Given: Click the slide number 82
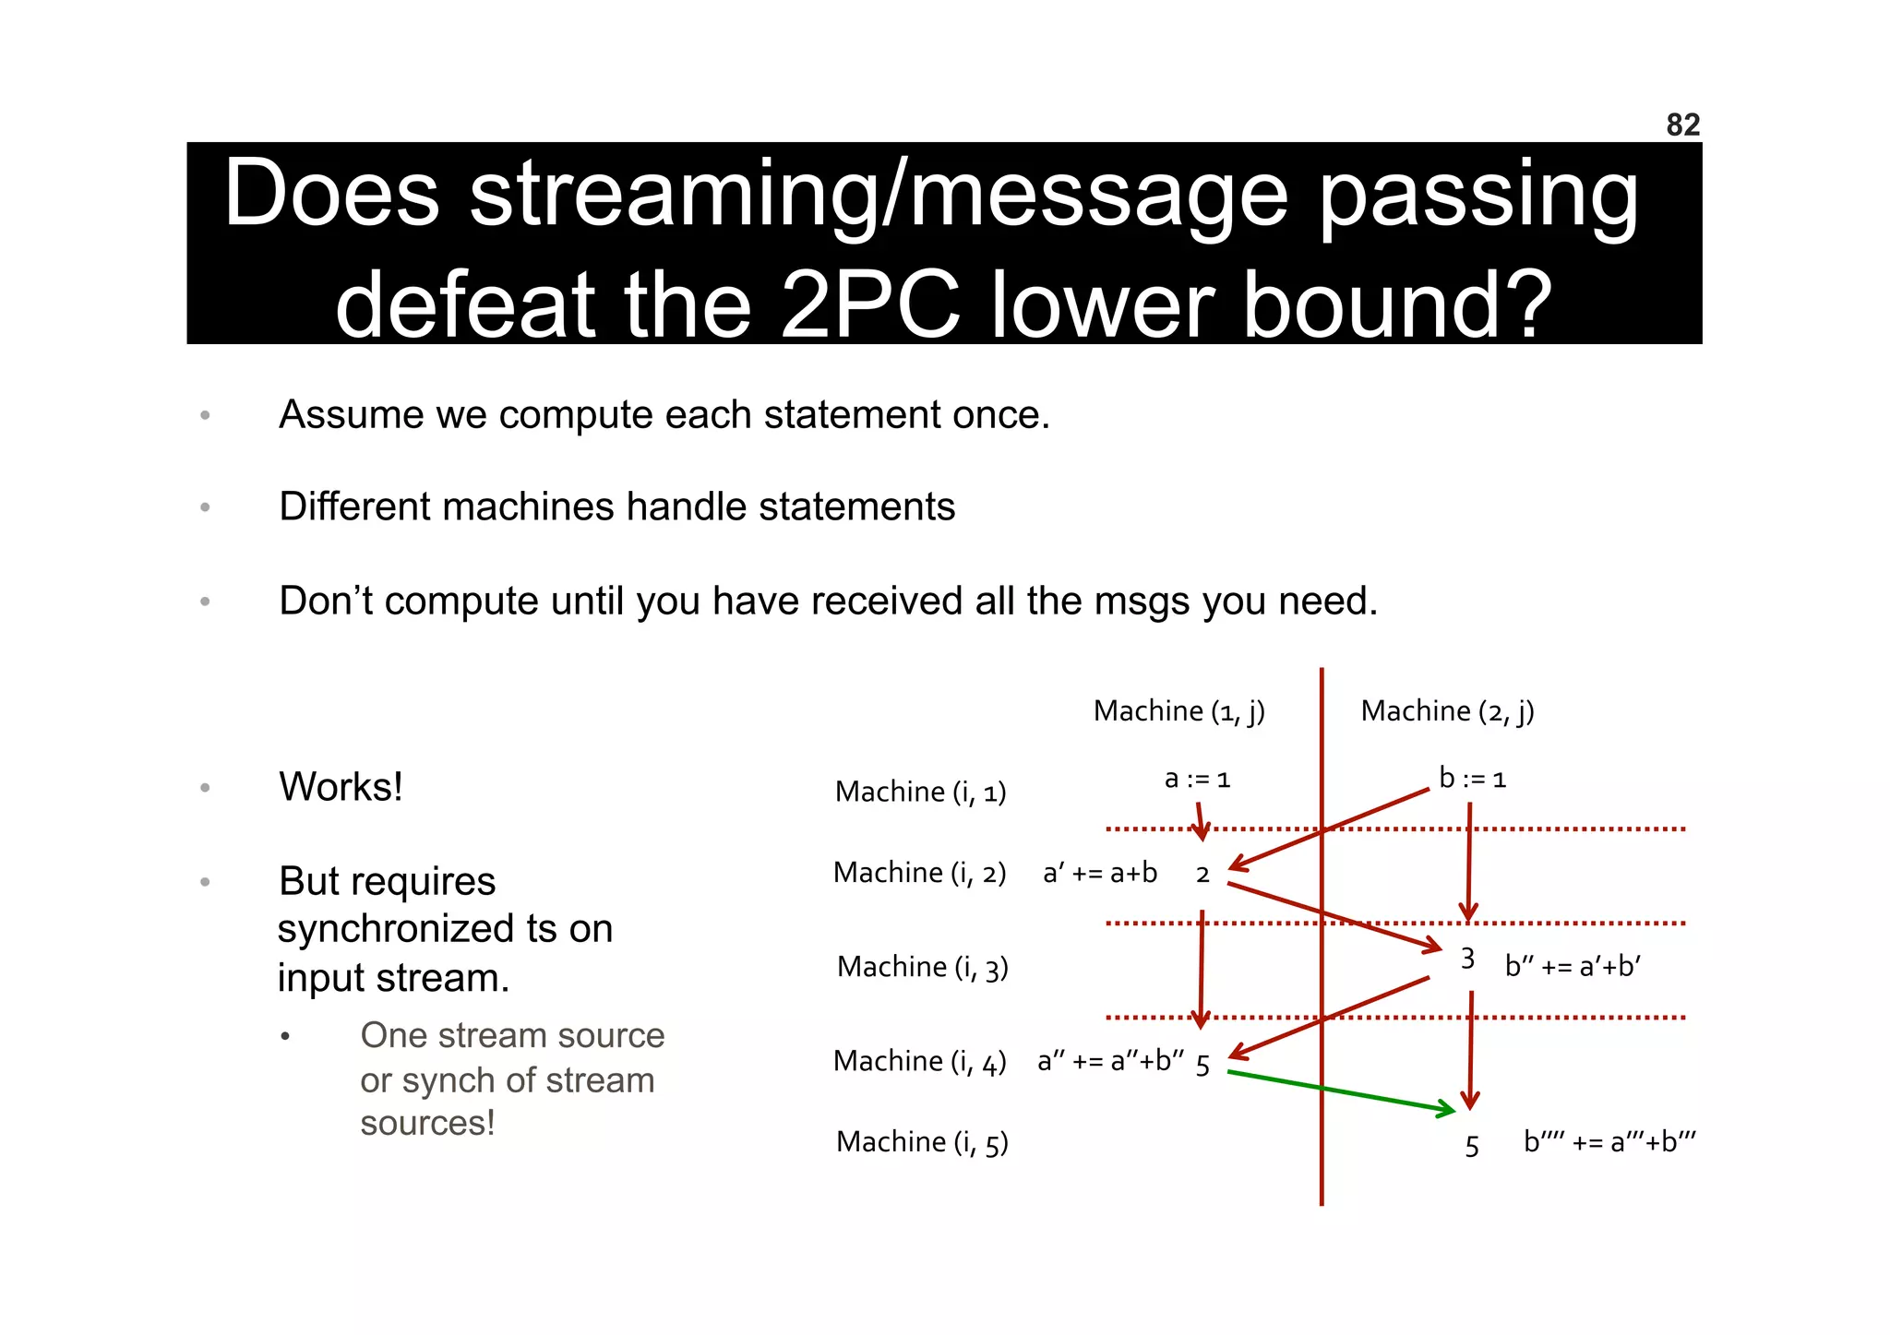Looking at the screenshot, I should click(1682, 125).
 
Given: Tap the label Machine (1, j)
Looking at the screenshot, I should click(1178, 711).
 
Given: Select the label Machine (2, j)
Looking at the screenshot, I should click(1447, 711).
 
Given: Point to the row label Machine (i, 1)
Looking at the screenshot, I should click(920, 793).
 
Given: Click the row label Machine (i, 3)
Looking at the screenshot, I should click(922, 967).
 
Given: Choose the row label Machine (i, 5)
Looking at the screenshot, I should click(922, 1142).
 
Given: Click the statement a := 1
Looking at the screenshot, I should click(1197, 780).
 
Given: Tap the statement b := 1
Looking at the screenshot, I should click(1472, 780).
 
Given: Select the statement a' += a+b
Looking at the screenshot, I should click(1099, 873).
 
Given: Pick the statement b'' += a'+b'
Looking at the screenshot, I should click(1573, 967).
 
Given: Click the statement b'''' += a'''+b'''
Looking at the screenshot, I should click(1609, 1142).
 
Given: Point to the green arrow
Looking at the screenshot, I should click(1338, 1091).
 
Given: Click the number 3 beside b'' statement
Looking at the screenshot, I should click(1467, 960).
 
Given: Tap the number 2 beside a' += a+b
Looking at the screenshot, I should click(1202, 875).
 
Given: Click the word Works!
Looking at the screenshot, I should click(341, 787).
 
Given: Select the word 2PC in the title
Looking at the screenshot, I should click(870, 305).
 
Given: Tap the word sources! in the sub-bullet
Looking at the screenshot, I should click(427, 1124).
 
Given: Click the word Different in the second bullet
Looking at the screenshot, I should click(347, 507).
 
